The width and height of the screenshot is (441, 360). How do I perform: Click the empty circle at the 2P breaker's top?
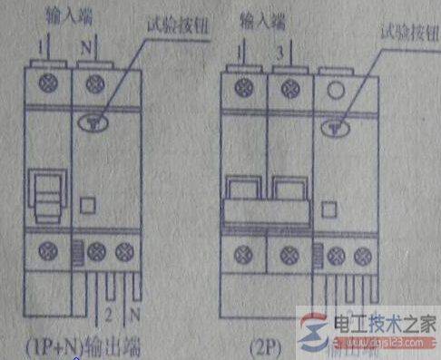point(332,90)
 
